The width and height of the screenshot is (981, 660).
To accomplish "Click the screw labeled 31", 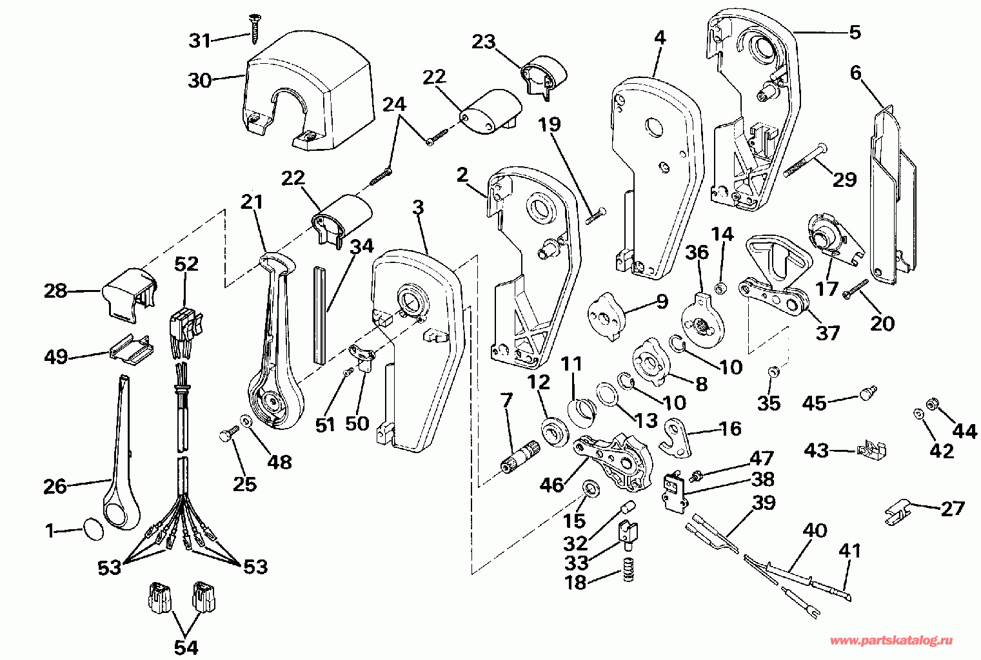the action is pyautogui.click(x=254, y=29).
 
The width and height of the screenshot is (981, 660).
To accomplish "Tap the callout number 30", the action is pyautogui.click(x=200, y=81).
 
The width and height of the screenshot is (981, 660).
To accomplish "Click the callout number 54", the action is pyautogui.click(x=186, y=647).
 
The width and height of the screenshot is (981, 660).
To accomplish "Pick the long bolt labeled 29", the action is pyautogui.click(x=805, y=160).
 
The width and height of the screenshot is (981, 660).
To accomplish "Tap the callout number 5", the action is pyautogui.click(x=855, y=32).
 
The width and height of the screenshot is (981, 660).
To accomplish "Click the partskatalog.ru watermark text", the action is pyautogui.click(x=891, y=641).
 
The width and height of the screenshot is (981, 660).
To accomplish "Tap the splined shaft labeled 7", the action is pyautogui.click(x=520, y=457).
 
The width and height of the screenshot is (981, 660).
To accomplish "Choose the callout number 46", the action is pyautogui.click(x=551, y=485).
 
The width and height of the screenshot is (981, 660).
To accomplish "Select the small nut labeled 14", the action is pyautogui.click(x=720, y=288).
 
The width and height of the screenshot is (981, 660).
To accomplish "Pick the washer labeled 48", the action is pyautogui.click(x=246, y=421).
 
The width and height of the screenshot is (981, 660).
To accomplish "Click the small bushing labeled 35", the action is pyautogui.click(x=773, y=372).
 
